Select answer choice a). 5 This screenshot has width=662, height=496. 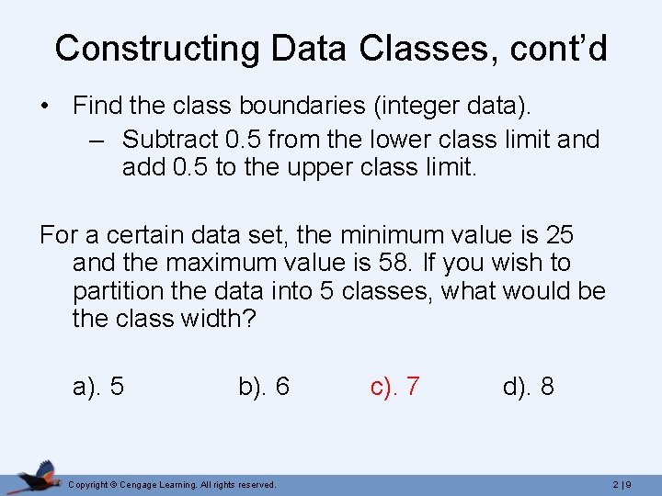click(x=98, y=387)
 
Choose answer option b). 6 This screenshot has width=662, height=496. click(x=264, y=387)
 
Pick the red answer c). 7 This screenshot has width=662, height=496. click(x=395, y=387)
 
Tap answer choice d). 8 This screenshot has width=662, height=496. click(x=528, y=387)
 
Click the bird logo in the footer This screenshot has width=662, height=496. click(x=37, y=477)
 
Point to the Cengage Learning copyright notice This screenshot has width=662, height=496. click(x=172, y=484)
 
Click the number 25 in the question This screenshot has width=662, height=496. click(x=559, y=235)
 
